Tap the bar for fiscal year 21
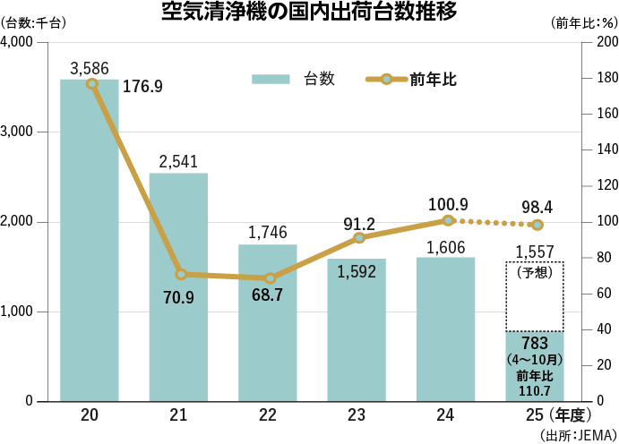[x=178, y=286]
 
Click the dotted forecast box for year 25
[x=535, y=296]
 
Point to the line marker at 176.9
[x=92, y=83]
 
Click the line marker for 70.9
[x=181, y=274]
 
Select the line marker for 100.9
[x=449, y=220]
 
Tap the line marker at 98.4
[x=537, y=225]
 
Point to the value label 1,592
[x=356, y=272]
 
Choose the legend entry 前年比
[x=412, y=79]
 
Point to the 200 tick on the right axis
[x=606, y=43]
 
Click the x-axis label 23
[x=356, y=415]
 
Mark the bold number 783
[x=535, y=344]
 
